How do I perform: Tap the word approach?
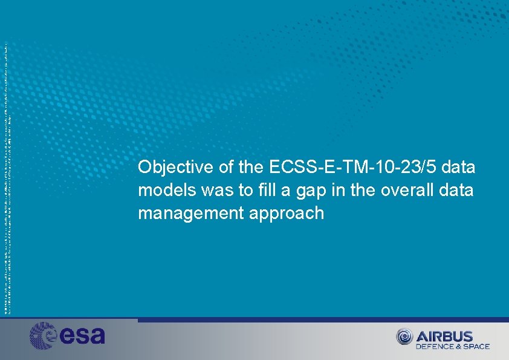291,214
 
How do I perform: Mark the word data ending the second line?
458,191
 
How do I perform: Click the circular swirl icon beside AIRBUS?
404,337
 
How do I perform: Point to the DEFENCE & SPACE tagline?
452,347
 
